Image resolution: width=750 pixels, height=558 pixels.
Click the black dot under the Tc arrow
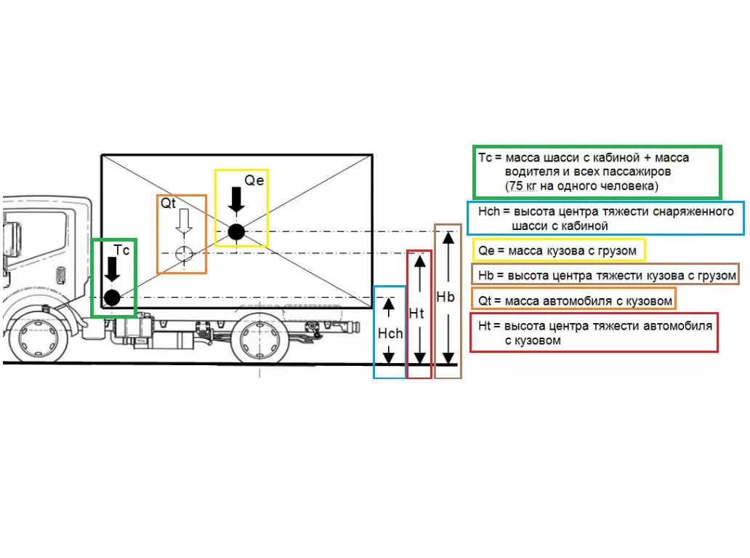tap(112, 297)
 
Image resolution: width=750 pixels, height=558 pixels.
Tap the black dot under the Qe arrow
tap(235, 232)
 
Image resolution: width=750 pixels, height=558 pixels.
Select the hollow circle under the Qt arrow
tap(184, 253)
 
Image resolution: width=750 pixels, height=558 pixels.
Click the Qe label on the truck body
tap(254, 180)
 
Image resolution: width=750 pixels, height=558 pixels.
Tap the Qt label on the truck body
tap(169, 203)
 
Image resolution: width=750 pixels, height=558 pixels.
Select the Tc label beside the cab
tap(121, 250)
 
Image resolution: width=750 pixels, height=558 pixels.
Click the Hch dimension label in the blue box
tap(390, 333)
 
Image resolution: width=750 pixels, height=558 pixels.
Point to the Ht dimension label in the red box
tap(416, 314)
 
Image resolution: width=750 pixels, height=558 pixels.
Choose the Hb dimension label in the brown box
tap(445, 297)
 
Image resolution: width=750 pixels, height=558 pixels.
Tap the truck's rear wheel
tap(260, 337)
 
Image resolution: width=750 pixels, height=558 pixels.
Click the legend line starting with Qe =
tap(558, 251)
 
